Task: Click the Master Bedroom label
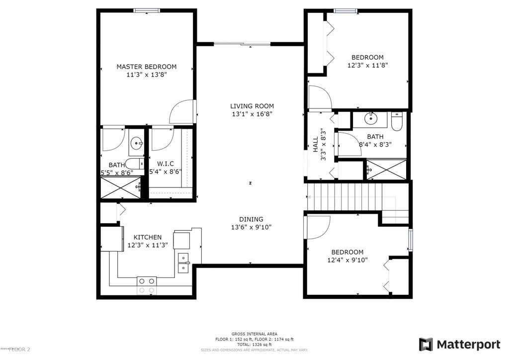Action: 146,67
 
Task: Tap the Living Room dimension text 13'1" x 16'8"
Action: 252,114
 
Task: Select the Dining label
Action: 251,219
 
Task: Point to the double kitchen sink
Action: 183,263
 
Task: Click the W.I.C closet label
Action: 165,164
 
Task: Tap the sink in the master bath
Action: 136,144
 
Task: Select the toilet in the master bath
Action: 133,164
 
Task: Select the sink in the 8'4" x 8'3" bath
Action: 371,119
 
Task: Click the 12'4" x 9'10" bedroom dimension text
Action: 347,260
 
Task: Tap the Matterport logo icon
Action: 425,344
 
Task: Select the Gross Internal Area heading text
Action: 254,334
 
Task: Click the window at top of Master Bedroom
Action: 146,9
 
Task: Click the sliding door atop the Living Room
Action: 243,44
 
